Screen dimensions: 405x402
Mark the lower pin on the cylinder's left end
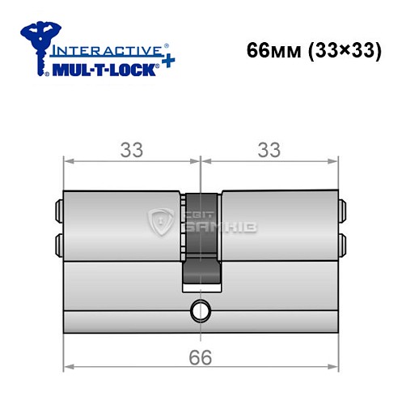pos(59,243)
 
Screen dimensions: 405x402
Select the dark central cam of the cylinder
pos(200,243)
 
